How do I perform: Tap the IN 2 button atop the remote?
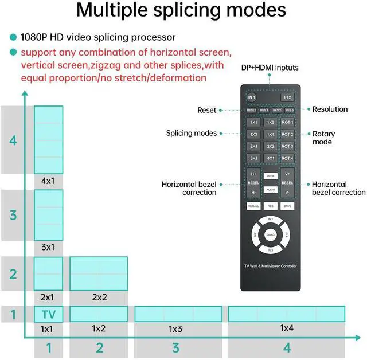pyautogui.click(x=288, y=97)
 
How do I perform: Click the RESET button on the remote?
pyautogui.click(x=252, y=110)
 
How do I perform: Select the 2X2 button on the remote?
pyautogui.click(x=271, y=146)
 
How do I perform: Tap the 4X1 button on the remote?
pyautogui.click(x=271, y=158)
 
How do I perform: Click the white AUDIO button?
pyautogui.click(x=270, y=189)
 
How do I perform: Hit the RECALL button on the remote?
pyautogui.click(x=253, y=205)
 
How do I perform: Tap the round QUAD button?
pyautogui.click(x=270, y=235)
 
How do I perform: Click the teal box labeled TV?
pyautogui.click(x=49, y=314)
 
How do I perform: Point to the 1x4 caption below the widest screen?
pyautogui.click(x=287, y=328)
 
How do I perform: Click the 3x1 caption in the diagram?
pyautogui.click(x=48, y=247)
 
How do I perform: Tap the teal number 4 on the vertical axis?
pyautogui.click(x=13, y=139)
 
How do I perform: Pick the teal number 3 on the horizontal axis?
pyautogui.click(x=175, y=347)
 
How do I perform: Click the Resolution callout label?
pyautogui.click(x=330, y=109)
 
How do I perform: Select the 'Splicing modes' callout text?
pyautogui.click(x=192, y=134)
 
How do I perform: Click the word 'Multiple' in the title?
pyautogui.click(x=115, y=10)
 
